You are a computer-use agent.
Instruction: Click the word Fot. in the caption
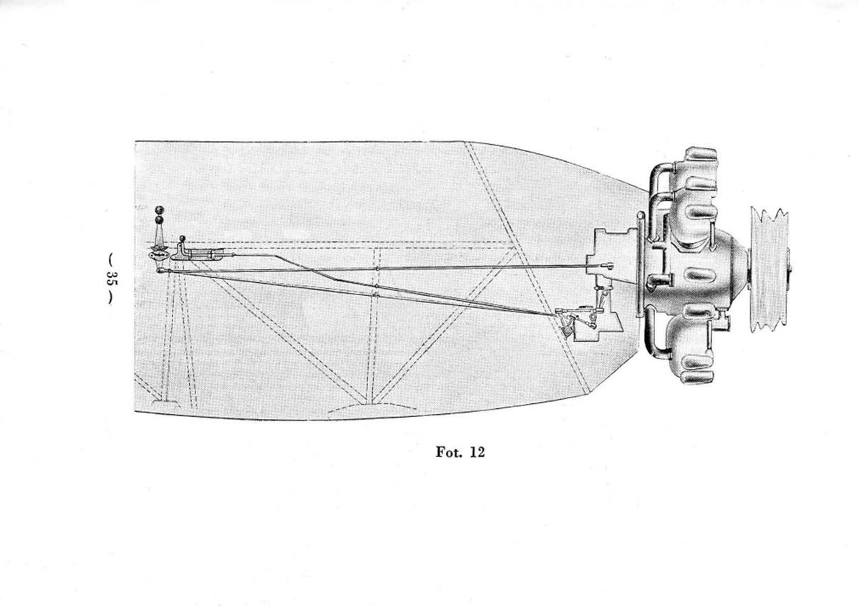tap(447, 452)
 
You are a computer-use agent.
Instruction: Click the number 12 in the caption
tap(477, 452)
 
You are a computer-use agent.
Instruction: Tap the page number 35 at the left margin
tap(112, 279)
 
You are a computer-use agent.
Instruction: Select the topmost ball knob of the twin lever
tap(160, 210)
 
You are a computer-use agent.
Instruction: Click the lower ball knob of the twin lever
tap(159, 220)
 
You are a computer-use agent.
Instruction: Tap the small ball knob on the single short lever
tap(183, 239)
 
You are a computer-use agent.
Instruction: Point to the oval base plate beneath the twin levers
tap(158, 255)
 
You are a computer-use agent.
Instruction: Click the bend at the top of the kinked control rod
tap(276, 256)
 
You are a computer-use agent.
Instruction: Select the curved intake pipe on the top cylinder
tap(660, 181)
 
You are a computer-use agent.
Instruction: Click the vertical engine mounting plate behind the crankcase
tap(640, 265)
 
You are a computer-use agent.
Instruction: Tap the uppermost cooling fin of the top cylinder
tap(702, 154)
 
